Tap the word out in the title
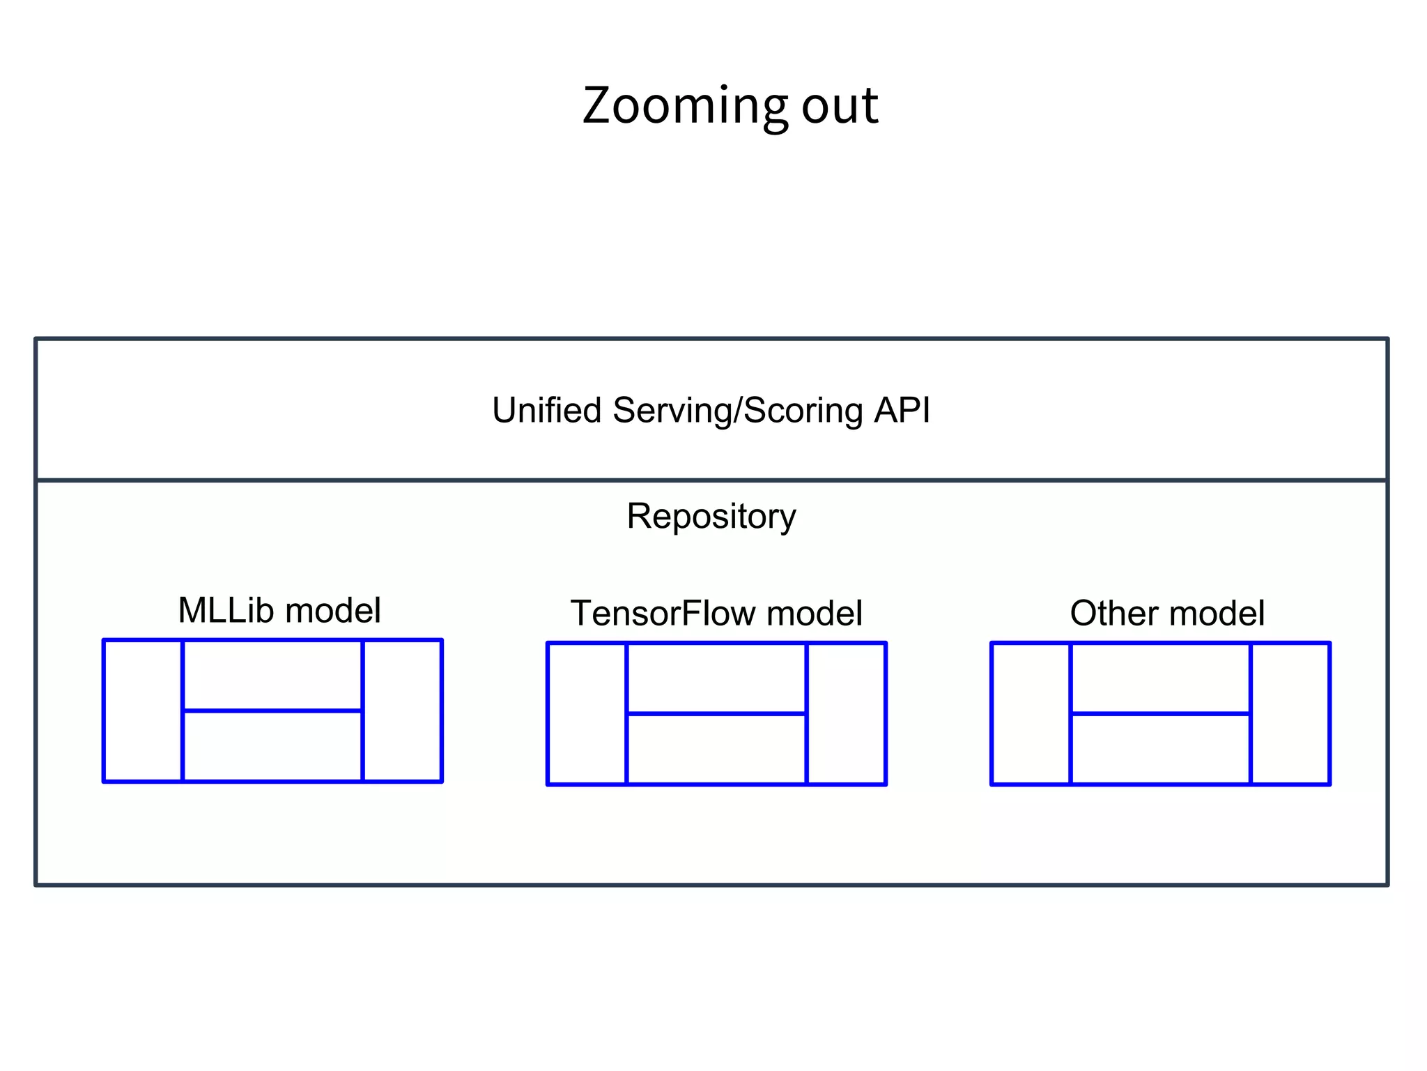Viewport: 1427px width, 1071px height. pos(840,106)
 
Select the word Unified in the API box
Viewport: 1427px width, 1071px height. pos(546,410)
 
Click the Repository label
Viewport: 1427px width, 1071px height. pos(711,517)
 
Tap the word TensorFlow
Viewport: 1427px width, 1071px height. pos(663,614)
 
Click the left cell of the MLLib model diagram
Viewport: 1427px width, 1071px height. pos(143,711)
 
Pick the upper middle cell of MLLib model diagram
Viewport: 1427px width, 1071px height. pos(272,675)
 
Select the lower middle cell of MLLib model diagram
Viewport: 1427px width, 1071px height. pos(272,746)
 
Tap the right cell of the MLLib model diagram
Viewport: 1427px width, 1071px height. pos(402,711)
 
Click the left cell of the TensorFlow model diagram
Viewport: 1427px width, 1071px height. pos(587,713)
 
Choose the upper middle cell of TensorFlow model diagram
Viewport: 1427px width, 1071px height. pos(716,678)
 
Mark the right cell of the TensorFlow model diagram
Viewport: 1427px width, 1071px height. pos(846,713)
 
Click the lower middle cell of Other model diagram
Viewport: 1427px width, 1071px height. pos(1160,749)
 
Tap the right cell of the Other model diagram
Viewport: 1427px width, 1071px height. pos(1290,713)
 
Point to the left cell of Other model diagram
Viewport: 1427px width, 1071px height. pos(1031,713)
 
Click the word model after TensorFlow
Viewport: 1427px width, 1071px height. pos(814,614)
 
